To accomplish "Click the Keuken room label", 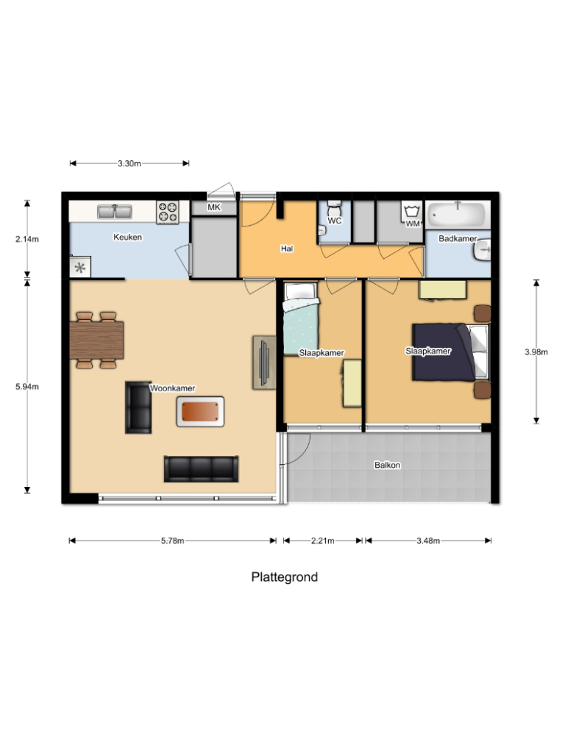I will click(x=127, y=237).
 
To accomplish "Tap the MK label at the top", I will click(x=214, y=207).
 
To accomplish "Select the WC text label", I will click(x=335, y=220).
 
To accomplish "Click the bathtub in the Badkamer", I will click(x=458, y=215).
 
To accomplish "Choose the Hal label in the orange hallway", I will click(x=287, y=249).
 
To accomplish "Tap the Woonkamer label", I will click(x=171, y=388).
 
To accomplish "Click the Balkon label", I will click(x=387, y=465).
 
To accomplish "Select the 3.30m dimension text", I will click(x=129, y=163).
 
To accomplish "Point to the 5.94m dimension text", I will click(x=27, y=386).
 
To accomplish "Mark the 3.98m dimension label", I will click(x=536, y=352).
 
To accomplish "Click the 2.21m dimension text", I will click(x=322, y=541).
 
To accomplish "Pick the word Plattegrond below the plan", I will click(x=285, y=577).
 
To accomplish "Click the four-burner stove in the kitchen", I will click(x=167, y=212).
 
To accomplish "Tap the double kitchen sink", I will click(x=115, y=211).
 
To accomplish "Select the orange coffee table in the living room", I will click(x=199, y=410).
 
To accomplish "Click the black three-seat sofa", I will click(x=201, y=468).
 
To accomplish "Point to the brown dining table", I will click(x=97, y=339).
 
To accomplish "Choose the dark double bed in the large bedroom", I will click(x=441, y=352).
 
